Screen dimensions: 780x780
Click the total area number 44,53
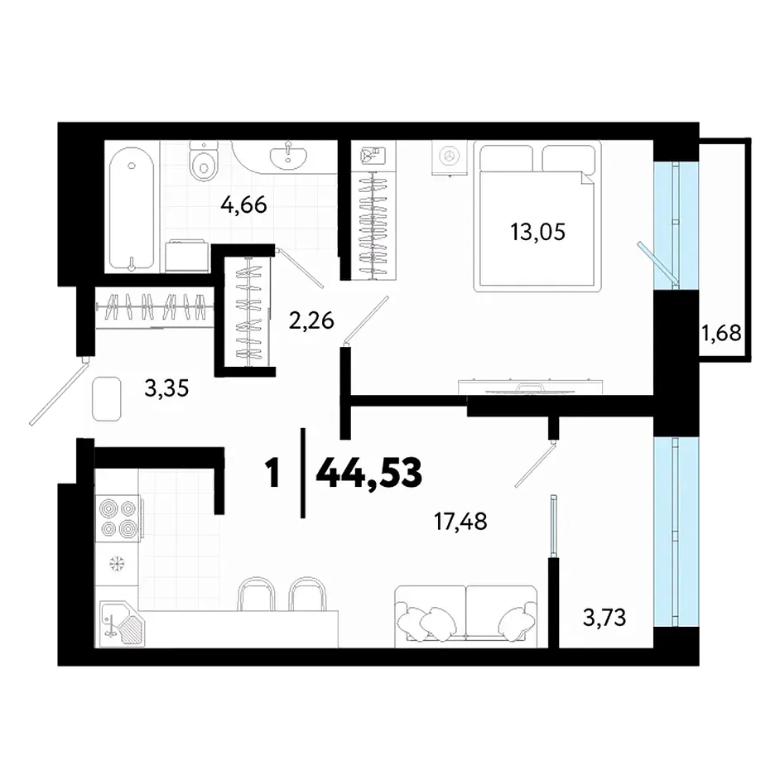[x=369, y=473]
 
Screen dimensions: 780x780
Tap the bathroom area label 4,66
[x=243, y=205]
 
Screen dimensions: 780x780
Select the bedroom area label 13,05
[x=537, y=232]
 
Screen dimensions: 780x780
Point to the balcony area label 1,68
[x=721, y=332]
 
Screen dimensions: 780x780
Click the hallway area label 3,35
[x=166, y=388]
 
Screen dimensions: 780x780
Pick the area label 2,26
[x=311, y=320]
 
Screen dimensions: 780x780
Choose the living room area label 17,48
[x=460, y=522]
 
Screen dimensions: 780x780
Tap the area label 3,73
[x=604, y=618]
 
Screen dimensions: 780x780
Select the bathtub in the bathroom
[x=132, y=209]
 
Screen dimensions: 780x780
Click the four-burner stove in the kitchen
[x=118, y=518]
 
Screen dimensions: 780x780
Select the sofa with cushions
[x=466, y=616]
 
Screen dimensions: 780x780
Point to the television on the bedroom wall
[x=530, y=387]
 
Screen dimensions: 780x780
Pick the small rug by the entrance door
[x=107, y=399]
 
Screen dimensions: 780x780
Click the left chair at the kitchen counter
[x=256, y=594]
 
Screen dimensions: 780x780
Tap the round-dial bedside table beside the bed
[x=450, y=157]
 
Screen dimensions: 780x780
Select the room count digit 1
[x=272, y=473]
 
